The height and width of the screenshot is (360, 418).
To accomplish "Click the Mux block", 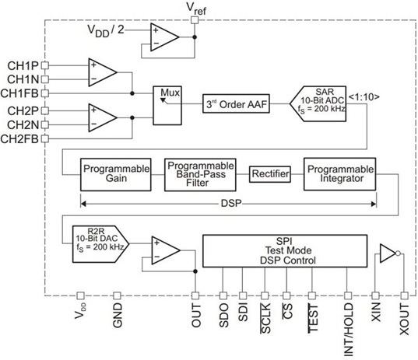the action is pyautogui.click(x=167, y=106).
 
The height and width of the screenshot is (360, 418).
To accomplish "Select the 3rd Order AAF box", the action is pyautogui.click(x=236, y=103).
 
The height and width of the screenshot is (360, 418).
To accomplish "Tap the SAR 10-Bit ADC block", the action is pyautogui.click(x=318, y=103).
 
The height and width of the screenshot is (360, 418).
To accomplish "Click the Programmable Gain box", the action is pyautogui.click(x=116, y=175).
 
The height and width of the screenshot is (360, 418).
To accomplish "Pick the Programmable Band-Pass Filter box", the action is pyautogui.click(x=200, y=175).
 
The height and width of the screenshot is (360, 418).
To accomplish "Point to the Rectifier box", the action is pyautogui.click(x=270, y=174).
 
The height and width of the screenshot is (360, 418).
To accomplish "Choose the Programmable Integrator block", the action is pyautogui.click(x=340, y=174).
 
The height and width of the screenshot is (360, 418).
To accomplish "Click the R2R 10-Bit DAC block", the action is pyautogui.click(x=100, y=244).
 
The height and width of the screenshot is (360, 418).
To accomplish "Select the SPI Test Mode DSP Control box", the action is pyautogui.click(x=285, y=251).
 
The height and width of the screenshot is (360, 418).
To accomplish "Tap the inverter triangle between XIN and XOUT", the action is pyautogui.click(x=388, y=253).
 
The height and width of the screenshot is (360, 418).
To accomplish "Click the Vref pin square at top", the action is pyautogui.click(x=195, y=20).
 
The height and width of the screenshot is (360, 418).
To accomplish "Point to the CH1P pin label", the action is pyautogui.click(x=23, y=66).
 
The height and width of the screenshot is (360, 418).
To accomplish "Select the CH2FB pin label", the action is pyautogui.click(x=19, y=138).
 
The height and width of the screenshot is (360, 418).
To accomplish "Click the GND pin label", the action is pyautogui.click(x=118, y=315).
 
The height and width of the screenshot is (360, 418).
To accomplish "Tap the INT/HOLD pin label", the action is pyautogui.click(x=349, y=330).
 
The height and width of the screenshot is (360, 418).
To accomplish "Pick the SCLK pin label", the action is pyautogui.click(x=265, y=318).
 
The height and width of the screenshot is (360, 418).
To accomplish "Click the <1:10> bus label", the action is pyautogui.click(x=364, y=97).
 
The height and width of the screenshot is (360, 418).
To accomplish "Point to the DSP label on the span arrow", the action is pyautogui.click(x=231, y=204).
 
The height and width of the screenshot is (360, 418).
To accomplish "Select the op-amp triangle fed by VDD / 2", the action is pyautogui.click(x=164, y=37).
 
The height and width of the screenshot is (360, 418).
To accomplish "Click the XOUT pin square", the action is pyautogui.click(x=405, y=295).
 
